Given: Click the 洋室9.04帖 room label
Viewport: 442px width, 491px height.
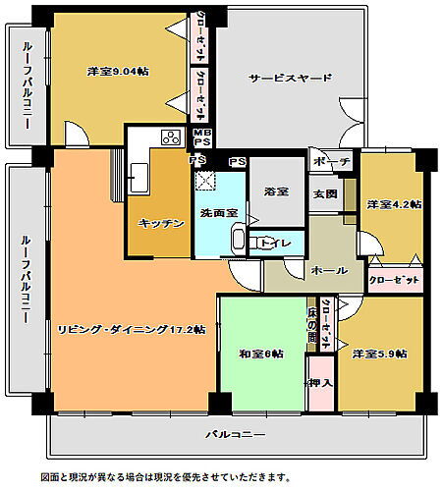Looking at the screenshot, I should click(117, 72).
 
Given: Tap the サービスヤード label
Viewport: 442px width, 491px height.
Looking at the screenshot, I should click(290, 78).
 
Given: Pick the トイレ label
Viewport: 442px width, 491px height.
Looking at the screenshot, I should click(276, 242).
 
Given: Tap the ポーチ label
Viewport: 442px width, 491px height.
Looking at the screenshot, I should click(326, 161).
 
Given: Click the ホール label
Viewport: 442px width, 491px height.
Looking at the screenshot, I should click(328, 268).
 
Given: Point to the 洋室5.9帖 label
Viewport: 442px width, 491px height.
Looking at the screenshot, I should click(380, 354).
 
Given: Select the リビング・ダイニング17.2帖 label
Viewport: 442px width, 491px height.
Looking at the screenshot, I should click(131, 330).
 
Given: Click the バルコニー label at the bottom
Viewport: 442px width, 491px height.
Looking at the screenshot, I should click(236, 433).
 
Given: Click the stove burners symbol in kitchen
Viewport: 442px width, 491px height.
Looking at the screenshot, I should click(170, 137).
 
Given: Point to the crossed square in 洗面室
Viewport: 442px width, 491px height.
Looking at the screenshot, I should click(207, 180).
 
